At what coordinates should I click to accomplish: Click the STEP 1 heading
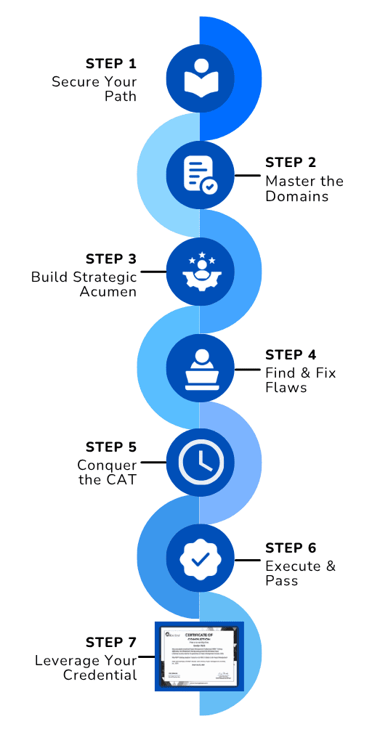(x=110, y=62)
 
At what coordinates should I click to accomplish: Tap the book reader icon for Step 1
(x=200, y=79)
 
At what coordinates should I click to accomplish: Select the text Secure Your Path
(x=94, y=88)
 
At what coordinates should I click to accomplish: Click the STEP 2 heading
(x=291, y=162)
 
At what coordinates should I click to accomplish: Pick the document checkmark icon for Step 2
(x=200, y=175)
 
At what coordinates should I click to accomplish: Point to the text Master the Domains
(x=304, y=188)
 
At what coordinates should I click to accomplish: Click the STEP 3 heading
(x=110, y=259)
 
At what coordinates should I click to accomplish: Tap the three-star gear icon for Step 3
(x=200, y=271)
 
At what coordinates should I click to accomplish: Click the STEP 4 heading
(x=291, y=355)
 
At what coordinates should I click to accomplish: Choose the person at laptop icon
(x=200, y=367)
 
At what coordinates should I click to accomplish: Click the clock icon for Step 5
(x=200, y=463)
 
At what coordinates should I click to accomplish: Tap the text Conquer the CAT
(x=107, y=472)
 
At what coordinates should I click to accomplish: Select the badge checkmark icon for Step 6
(x=200, y=558)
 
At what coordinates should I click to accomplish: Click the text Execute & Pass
(x=300, y=573)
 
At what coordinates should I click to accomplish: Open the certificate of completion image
(x=199, y=656)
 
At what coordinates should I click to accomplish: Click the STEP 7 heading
(x=110, y=642)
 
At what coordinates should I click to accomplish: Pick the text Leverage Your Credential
(x=86, y=667)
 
